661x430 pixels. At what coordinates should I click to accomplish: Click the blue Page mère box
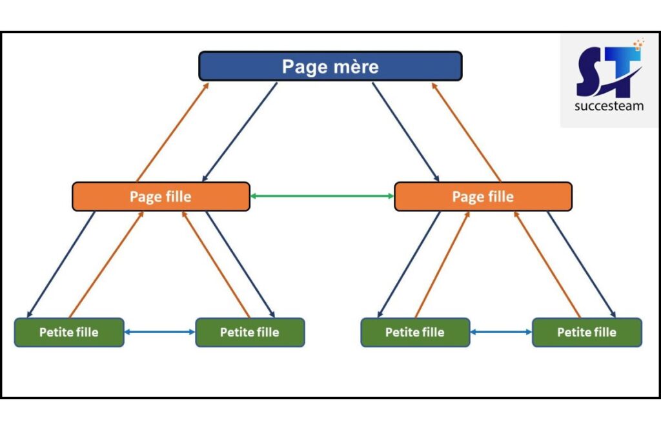[x=330, y=66]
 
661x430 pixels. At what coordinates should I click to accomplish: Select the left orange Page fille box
[x=161, y=196]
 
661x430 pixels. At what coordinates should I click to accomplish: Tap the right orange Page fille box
[x=483, y=196]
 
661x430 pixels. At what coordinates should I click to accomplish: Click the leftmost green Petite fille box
[x=69, y=332]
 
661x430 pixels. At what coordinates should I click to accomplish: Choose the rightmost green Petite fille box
[x=587, y=332]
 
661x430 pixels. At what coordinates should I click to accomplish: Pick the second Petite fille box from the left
[x=250, y=332]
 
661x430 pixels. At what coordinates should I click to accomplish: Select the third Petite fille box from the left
[x=415, y=332]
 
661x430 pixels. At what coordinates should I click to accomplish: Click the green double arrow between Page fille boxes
[x=321, y=196]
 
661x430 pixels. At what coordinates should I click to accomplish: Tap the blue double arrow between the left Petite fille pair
[x=159, y=332]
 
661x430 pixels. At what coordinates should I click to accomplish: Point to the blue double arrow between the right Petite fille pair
[x=501, y=332]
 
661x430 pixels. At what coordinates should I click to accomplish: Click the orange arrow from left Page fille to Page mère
[x=172, y=132]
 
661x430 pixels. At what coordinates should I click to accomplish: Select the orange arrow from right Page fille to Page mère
[x=466, y=132]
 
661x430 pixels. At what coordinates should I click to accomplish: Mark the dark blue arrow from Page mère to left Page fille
[x=239, y=132]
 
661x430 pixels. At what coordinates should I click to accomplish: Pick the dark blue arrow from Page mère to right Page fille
[x=405, y=132]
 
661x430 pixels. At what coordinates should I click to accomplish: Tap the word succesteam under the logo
[x=609, y=107]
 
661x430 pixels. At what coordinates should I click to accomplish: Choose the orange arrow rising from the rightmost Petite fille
[x=547, y=265]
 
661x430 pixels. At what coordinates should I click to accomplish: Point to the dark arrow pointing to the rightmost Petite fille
[x=582, y=265]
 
